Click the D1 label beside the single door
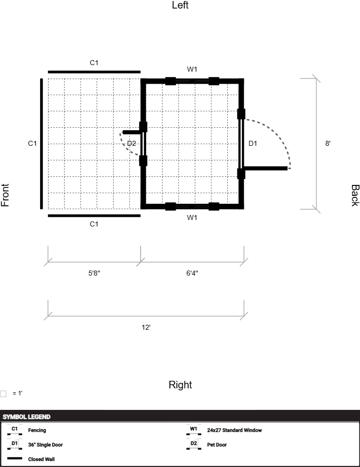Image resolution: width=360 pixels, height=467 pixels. (x=252, y=143)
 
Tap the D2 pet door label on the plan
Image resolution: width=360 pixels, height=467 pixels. (x=132, y=143)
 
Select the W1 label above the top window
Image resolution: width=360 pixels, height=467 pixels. (x=192, y=69)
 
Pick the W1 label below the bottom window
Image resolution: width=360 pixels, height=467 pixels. (x=192, y=217)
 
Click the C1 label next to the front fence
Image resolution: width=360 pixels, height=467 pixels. (x=33, y=143)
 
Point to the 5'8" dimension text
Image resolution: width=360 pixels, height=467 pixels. (x=94, y=273)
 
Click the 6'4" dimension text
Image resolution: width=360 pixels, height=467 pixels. (x=192, y=273)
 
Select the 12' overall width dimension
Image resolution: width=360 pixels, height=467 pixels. (x=146, y=327)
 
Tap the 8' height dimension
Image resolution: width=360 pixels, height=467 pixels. (x=327, y=143)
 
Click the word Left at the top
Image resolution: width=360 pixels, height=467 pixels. (x=180, y=5)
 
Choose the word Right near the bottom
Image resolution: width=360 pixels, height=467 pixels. (x=180, y=384)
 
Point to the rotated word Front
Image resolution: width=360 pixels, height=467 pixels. (x=5, y=195)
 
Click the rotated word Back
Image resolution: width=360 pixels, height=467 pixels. (x=355, y=195)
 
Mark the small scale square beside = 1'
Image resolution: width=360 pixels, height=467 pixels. (x=4, y=394)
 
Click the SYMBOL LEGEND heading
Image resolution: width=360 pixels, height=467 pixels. (x=27, y=417)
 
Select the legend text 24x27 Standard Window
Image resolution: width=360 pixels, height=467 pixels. (x=234, y=430)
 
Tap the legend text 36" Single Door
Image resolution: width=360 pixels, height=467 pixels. (x=46, y=444)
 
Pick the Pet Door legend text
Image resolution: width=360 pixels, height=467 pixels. (x=217, y=444)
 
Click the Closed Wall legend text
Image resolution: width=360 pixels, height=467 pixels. (x=42, y=459)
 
